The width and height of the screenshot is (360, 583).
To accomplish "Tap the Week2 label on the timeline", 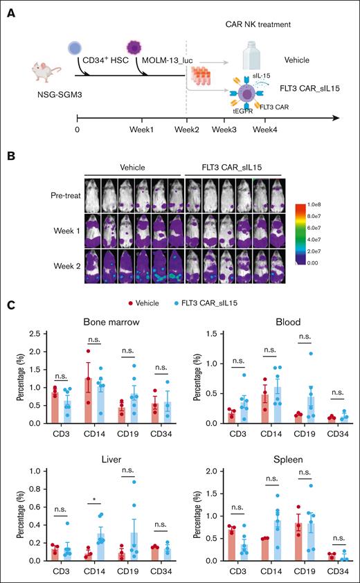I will coord(187,129).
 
